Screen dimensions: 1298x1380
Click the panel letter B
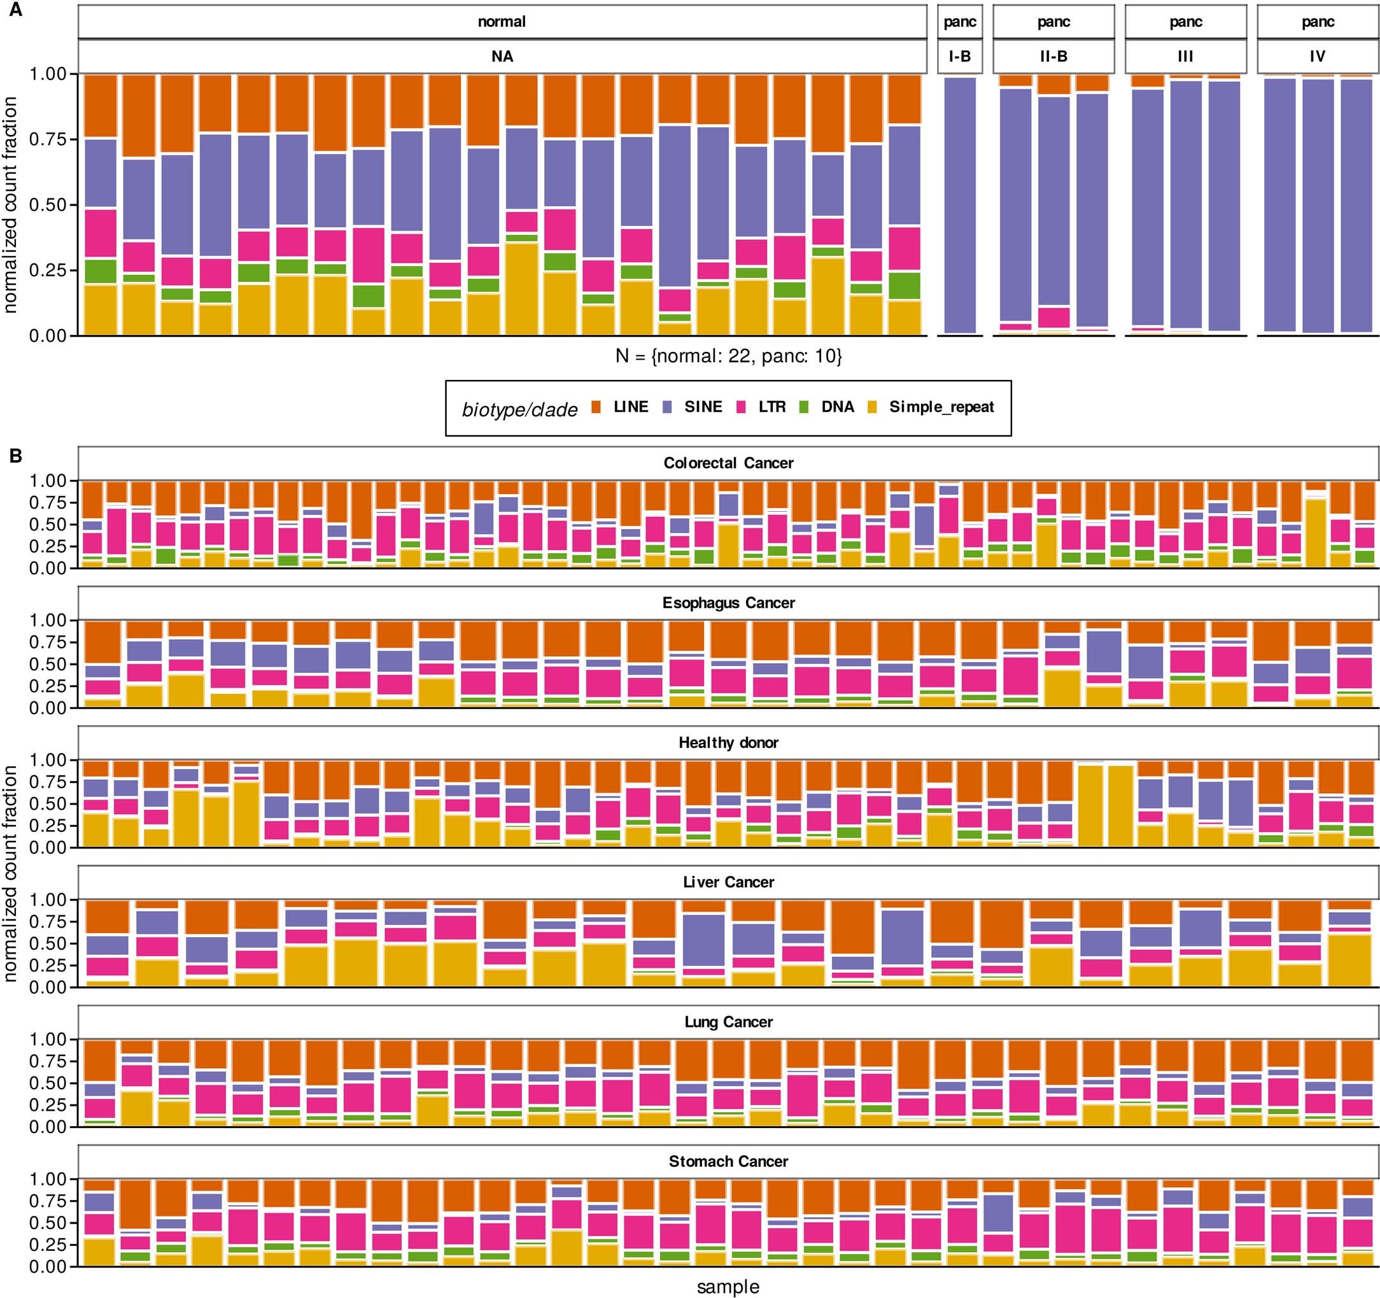coord(15,456)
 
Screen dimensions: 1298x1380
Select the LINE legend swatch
coord(596,407)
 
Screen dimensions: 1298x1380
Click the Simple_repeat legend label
coord(941,407)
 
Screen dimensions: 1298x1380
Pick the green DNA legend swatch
coord(805,407)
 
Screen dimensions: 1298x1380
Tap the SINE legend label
coord(703,407)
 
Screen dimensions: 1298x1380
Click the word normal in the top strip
coord(501,22)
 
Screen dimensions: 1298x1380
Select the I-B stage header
coord(959,56)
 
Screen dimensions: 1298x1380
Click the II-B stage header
coord(1053,56)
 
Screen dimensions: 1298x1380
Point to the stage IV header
coord(1317,56)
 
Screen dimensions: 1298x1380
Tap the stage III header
coord(1185,56)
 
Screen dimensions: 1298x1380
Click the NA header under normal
coord(502,56)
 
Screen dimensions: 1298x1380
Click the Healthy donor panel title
coord(728,743)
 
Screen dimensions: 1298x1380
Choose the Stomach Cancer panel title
coord(728,1161)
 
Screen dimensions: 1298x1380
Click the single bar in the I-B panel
coord(960,205)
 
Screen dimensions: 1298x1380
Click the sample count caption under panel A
coord(728,356)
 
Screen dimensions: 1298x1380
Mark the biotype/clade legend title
coord(519,409)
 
